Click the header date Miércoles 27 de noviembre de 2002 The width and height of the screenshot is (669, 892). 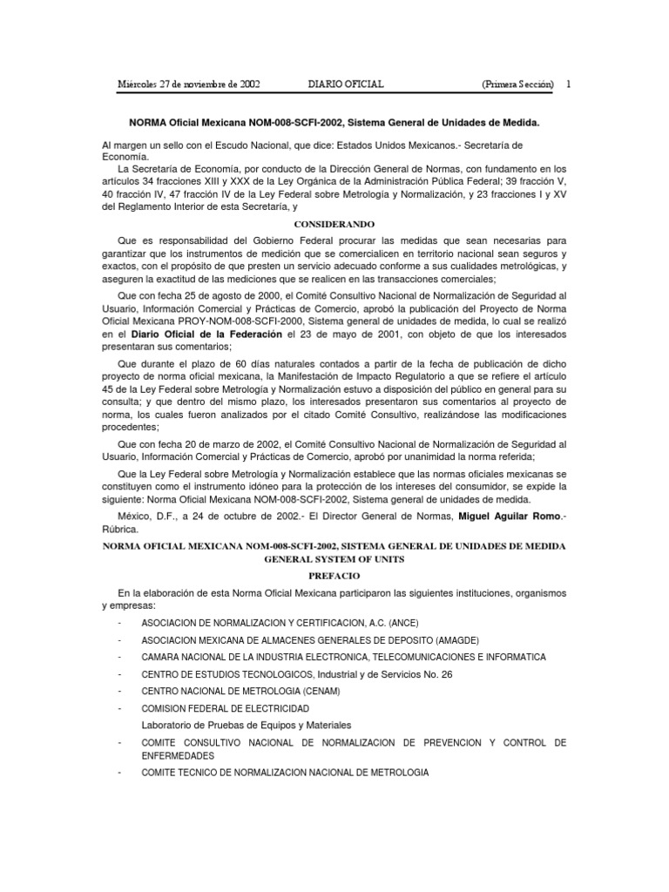click(x=189, y=84)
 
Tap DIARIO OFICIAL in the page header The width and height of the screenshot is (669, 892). click(x=347, y=84)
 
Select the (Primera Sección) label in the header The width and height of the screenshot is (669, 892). click(x=517, y=84)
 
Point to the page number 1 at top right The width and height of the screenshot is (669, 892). click(x=568, y=84)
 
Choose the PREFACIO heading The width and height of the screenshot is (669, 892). click(x=334, y=576)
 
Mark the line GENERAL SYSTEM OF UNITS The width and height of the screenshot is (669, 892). click(x=334, y=559)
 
